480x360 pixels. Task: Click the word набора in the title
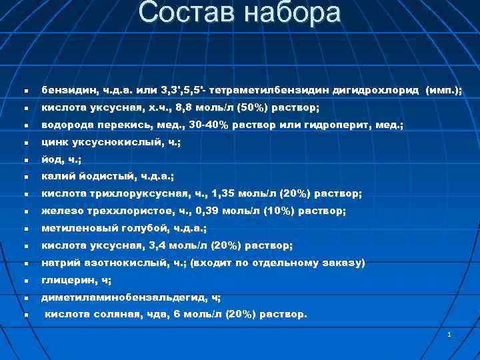[293, 13]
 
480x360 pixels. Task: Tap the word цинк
[55, 142]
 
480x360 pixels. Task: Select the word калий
[57, 177]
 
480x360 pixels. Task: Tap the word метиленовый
[79, 229]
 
